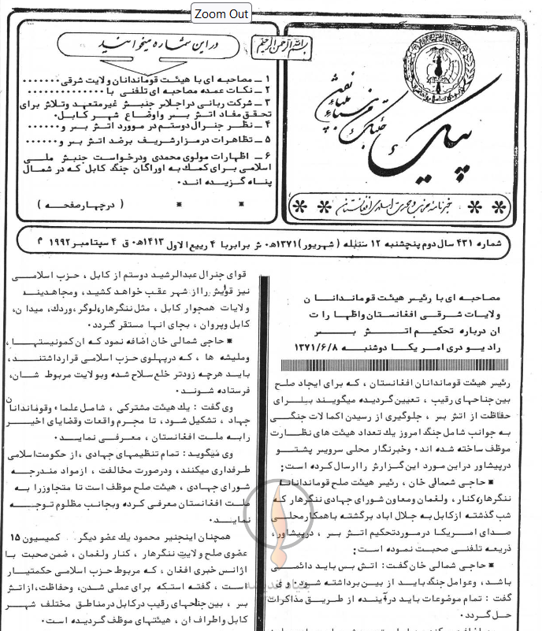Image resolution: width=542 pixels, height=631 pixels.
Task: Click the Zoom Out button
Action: [221, 14]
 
